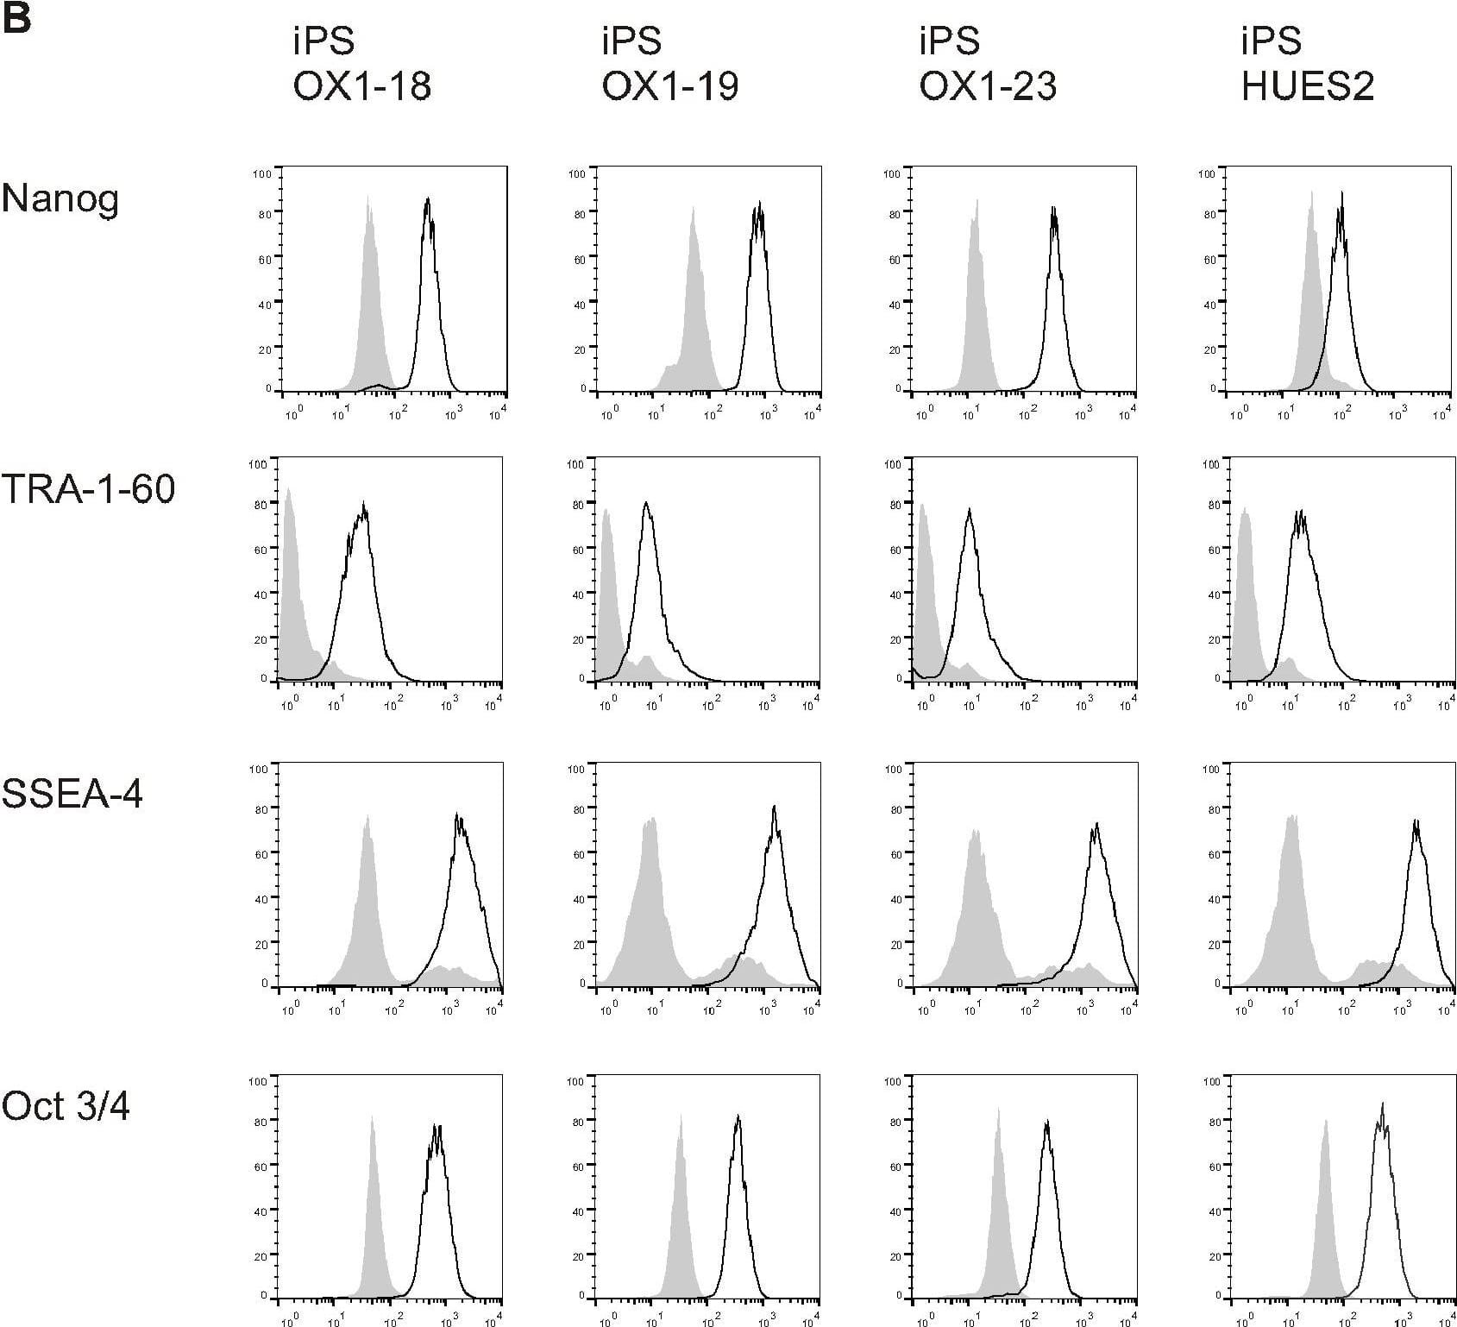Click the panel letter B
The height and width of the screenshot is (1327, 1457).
click(x=17, y=19)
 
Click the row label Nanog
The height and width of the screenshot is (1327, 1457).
click(x=60, y=199)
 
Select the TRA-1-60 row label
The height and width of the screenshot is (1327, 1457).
click(x=88, y=489)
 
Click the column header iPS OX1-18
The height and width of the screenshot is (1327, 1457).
click(x=361, y=64)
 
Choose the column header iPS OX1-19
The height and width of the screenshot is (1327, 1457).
click(x=669, y=64)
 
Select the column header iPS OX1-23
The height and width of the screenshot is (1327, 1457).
click(x=987, y=64)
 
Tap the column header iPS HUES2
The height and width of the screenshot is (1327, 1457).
click(x=1307, y=64)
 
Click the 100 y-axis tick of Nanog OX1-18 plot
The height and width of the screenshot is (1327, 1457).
click(x=262, y=174)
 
